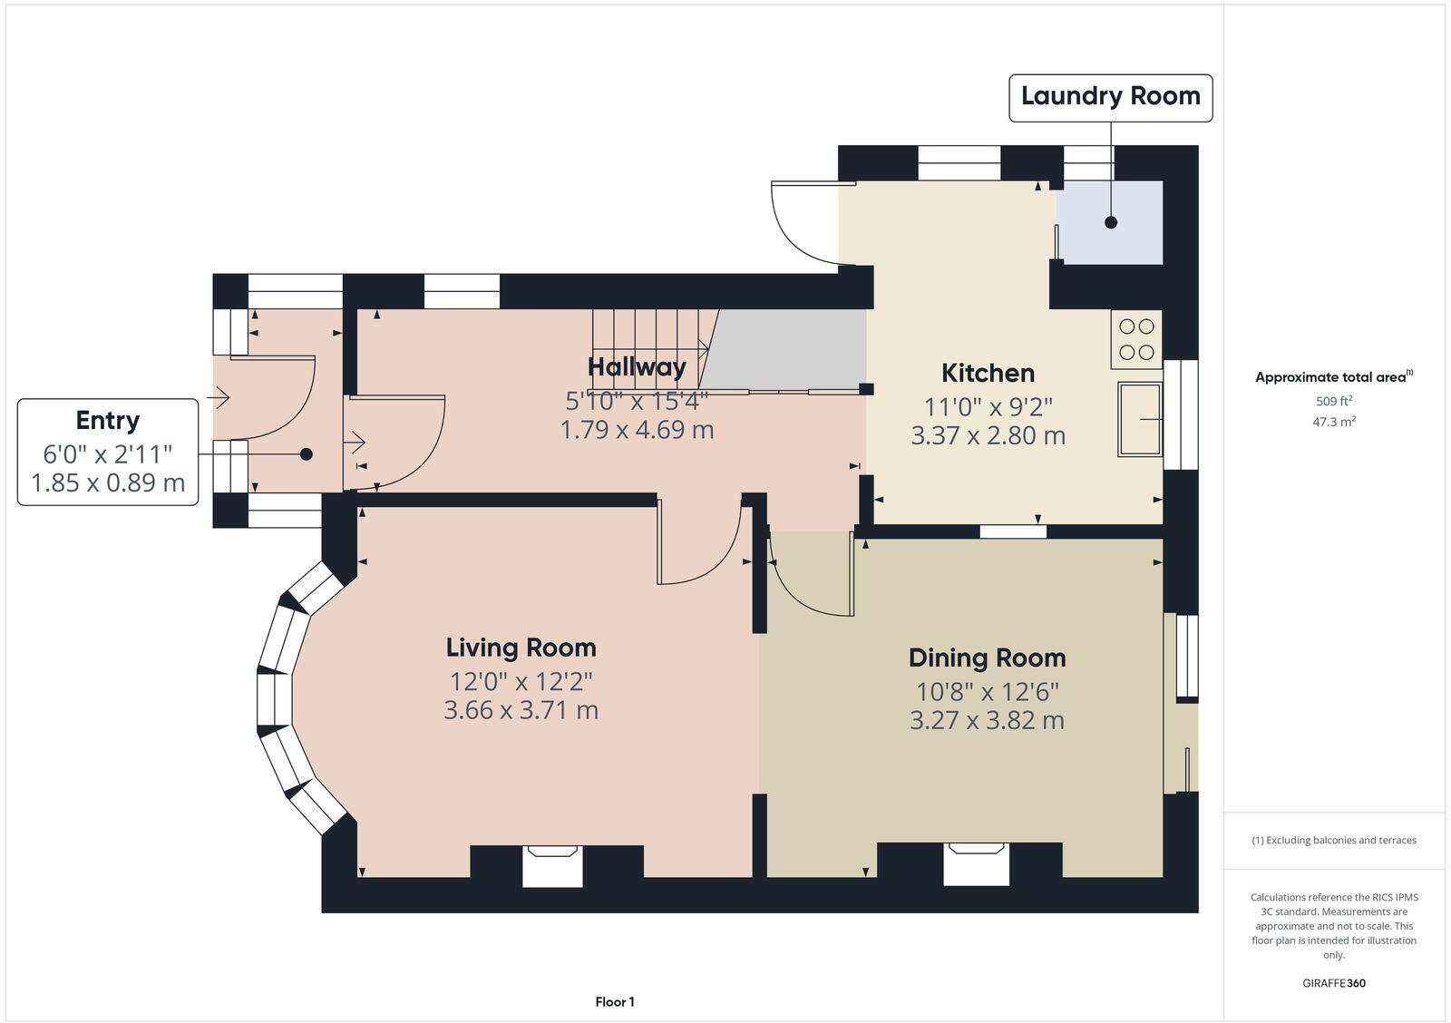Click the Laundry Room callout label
(x=1110, y=96)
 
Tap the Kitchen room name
(x=988, y=373)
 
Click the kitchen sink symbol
(x=1140, y=419)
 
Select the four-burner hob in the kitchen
(x=1136, y=339)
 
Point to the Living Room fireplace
(x=552, y=865)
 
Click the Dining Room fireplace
(x=976, y=862)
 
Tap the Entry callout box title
(x=107, y=421)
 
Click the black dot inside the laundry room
(x=1111, y=222)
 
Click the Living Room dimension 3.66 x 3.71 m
(x=521, y=710)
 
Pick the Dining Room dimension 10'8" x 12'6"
(x=987, y=692)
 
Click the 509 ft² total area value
(x=1333, y=401)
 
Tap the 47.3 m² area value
(x=1333, y=422)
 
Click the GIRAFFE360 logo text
(x=1333, y=983)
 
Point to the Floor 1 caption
(x=615, y=1002)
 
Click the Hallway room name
(x=637, y=367)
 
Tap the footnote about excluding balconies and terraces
(x=1333, y=841)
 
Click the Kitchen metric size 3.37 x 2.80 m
(x=988, y=436)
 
